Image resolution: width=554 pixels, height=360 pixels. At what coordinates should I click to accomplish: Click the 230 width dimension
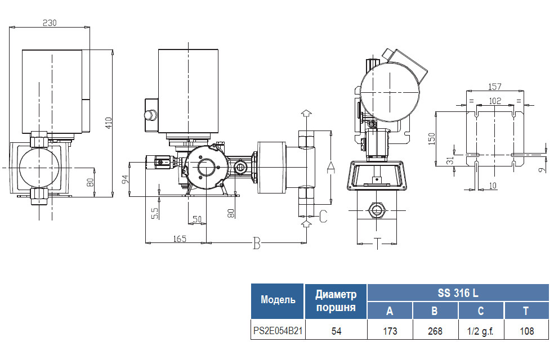(50, 22)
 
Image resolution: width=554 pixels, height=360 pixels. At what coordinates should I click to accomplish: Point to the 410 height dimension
(109, 123)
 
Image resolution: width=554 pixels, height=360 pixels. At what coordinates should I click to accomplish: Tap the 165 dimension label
(180, 239)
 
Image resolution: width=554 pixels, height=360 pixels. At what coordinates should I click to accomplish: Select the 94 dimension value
(125, 179)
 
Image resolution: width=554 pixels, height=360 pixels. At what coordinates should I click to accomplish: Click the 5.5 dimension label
(155, 213)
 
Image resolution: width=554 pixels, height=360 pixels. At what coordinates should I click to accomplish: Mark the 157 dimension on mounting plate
(495, 87)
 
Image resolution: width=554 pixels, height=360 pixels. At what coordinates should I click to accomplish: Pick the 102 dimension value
(495, 101)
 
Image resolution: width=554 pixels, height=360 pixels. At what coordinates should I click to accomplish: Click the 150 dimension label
(431, 139)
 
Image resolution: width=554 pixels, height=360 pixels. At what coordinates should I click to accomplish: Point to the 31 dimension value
(450, 161)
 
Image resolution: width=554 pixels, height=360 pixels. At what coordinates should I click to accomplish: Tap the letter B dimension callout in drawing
(257, 243)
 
